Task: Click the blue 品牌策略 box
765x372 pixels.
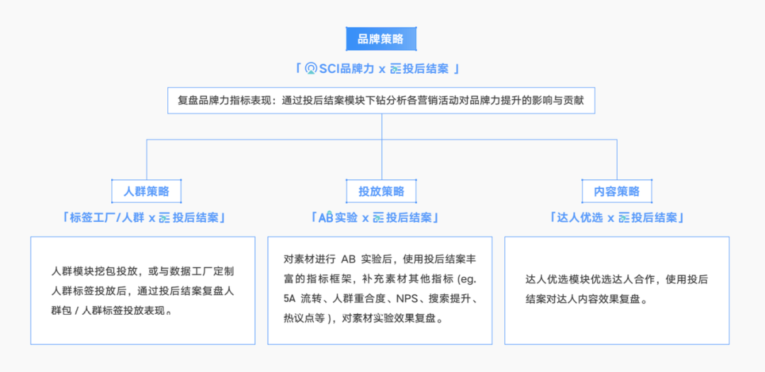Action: tap(381, 39)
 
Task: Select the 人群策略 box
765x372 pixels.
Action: tap(147, 191)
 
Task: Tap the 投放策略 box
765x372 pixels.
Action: tap(381, 191)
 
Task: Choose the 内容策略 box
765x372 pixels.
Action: tap(617, 191)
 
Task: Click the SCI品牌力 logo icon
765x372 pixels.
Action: tap(311, 69)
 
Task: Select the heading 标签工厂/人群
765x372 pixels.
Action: tap(107, 218)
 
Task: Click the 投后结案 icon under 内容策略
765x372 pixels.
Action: tap(624, 218)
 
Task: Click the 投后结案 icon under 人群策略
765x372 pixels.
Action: tap(165, 218)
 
